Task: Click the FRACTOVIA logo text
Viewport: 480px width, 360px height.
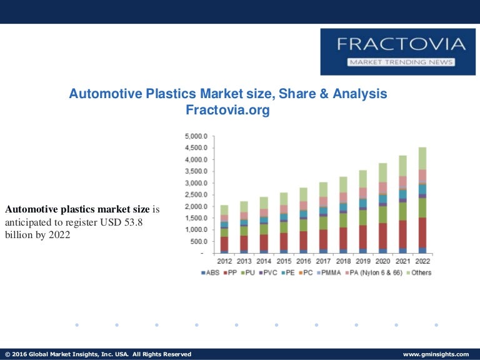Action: pos(401,44)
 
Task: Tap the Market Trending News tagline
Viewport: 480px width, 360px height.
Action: pos(401,62)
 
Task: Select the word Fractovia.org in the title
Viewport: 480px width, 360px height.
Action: pos(227,110)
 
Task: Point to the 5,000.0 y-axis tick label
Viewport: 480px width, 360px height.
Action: pos(196,136)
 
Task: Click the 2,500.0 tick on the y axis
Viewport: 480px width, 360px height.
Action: pos(196,195)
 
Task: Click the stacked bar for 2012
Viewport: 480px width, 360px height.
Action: pos(224,229)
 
